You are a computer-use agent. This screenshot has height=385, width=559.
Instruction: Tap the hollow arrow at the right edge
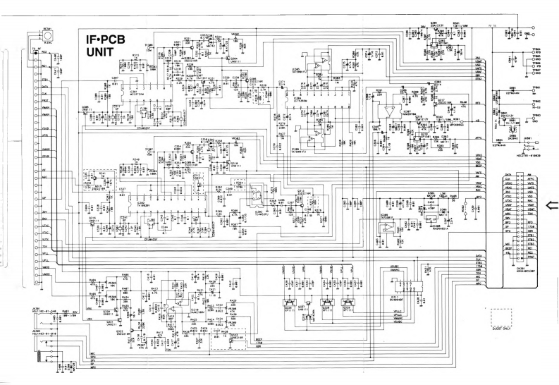click(x=552, y=205)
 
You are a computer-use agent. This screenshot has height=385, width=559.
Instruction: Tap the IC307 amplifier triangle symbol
click(x=388, y=111)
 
